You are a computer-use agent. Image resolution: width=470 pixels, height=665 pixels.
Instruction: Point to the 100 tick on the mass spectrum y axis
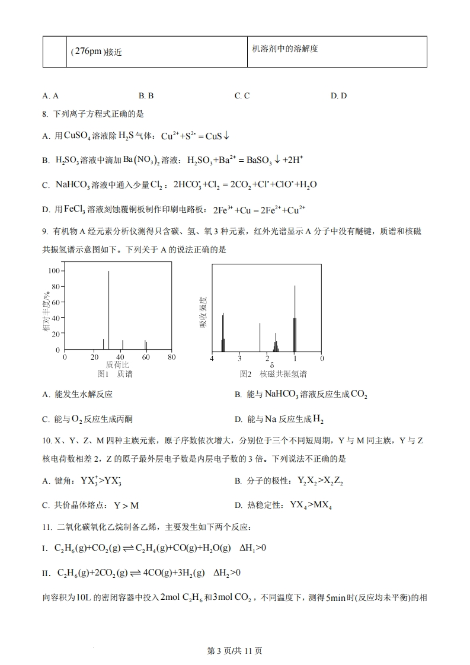[x=55, y=271]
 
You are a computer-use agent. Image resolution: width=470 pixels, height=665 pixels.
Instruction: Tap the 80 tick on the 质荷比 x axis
[x=171, y=357]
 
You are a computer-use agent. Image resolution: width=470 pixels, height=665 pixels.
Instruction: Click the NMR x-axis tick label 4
[x=212, y=359]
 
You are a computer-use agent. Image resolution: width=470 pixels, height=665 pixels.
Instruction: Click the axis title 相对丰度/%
[x=46, y=312]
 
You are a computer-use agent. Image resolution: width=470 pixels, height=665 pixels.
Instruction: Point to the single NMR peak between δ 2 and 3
[x=260, y=337]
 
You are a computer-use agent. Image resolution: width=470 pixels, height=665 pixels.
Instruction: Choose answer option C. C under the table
[x=242, y=95]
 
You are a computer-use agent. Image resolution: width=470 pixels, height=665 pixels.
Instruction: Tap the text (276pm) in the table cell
[x=87, y=52]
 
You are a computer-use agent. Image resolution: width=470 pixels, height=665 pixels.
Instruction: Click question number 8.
[x=44, y=114]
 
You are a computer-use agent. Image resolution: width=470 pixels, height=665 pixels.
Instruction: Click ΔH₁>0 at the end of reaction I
[x=252, y=548]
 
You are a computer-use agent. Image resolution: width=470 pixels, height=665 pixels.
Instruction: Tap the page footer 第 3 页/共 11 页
[x=235, y=650]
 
